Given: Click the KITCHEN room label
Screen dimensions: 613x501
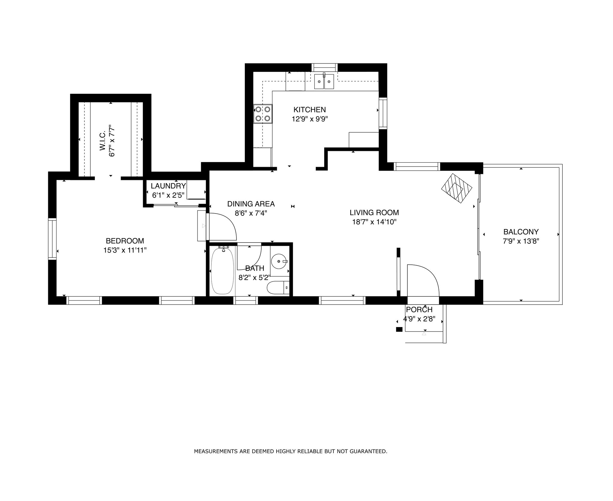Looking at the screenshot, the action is [x=309, y=110].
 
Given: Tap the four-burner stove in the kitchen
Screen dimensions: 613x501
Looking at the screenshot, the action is [x=263, y=114].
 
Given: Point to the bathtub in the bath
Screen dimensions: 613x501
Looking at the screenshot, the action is [x=222, y=270].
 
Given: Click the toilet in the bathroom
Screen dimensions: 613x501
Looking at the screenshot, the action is [x=278, y=288].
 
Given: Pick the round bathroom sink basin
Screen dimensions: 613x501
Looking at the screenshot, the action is [x=279, y=261].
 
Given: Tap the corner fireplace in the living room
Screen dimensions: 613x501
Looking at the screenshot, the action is [x=456, y=188].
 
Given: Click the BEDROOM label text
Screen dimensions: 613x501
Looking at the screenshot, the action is [x=125, y=241].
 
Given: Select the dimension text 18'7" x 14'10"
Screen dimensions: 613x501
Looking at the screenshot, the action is [x=374, y=222].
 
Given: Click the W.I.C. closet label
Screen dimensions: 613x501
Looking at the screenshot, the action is [x=103, y=140].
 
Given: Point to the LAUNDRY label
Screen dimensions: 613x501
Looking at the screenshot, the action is [x=168, y=186].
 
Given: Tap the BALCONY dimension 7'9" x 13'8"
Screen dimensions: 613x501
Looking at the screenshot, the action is [x=521, y=241].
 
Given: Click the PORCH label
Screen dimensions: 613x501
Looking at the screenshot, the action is [x=419, y=310].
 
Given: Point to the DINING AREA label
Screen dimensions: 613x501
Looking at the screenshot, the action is [x=251, y=204].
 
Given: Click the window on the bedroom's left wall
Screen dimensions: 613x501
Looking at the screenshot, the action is [x=52, y=239].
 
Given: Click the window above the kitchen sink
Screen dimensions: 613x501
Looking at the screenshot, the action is [x=324, y=67].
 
